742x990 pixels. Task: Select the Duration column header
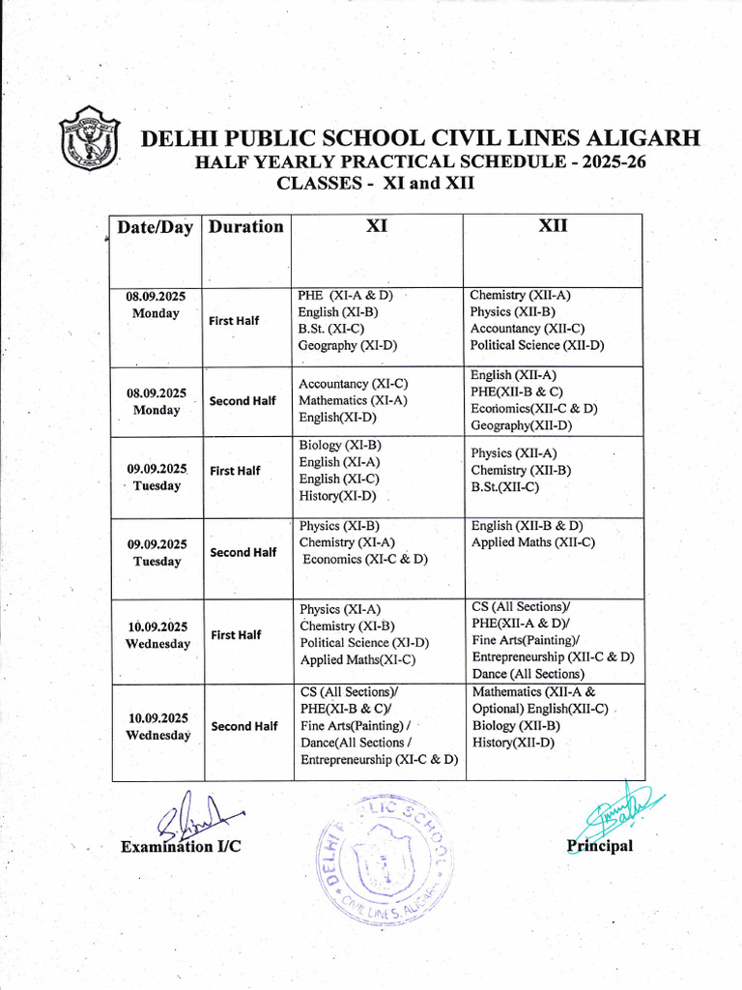coord(246,227)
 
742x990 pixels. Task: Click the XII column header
coord(553,226)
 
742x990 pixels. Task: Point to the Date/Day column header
coord(156,227)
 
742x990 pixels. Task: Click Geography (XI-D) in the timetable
coord(348,345)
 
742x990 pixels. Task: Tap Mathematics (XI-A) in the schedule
coord(353,400)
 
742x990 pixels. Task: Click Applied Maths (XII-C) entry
coord(532,542)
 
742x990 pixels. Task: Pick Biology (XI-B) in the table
coord(340,445)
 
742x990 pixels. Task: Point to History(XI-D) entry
coord(337,496)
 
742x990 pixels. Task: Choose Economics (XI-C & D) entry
coord(364,559)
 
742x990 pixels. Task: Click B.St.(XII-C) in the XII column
coord(504,487)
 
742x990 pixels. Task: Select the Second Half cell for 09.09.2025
coord(243,552)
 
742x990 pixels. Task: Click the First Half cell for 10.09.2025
coord(236,635)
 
